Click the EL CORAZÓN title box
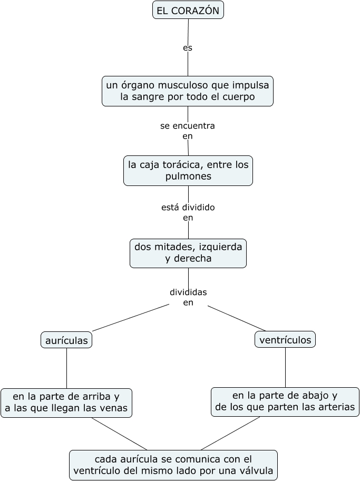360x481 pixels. coord(188,10)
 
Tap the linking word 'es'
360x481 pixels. coord(188,48)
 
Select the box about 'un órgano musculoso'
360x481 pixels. coord(188,91)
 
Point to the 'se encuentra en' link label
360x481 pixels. coord(188,131)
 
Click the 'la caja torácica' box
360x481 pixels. coord(188,170)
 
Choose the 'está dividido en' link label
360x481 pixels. coord(188,212)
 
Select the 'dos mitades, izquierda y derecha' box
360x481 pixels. coord(188,253)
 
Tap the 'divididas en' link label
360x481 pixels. coord(188,297)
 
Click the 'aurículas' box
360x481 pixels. coord(66,340)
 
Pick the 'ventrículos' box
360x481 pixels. coord(285,340)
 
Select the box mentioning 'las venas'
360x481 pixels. coord(66,403)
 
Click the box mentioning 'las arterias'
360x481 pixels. coord(285,402)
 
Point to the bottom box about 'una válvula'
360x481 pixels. coord(173,465)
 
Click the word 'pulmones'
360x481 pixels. coord(188,176)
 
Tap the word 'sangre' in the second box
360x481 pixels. coord(145,97)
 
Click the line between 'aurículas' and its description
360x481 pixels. coord(66,368)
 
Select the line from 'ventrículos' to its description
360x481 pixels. coord(285,367)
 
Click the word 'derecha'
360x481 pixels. coord(193,259)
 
